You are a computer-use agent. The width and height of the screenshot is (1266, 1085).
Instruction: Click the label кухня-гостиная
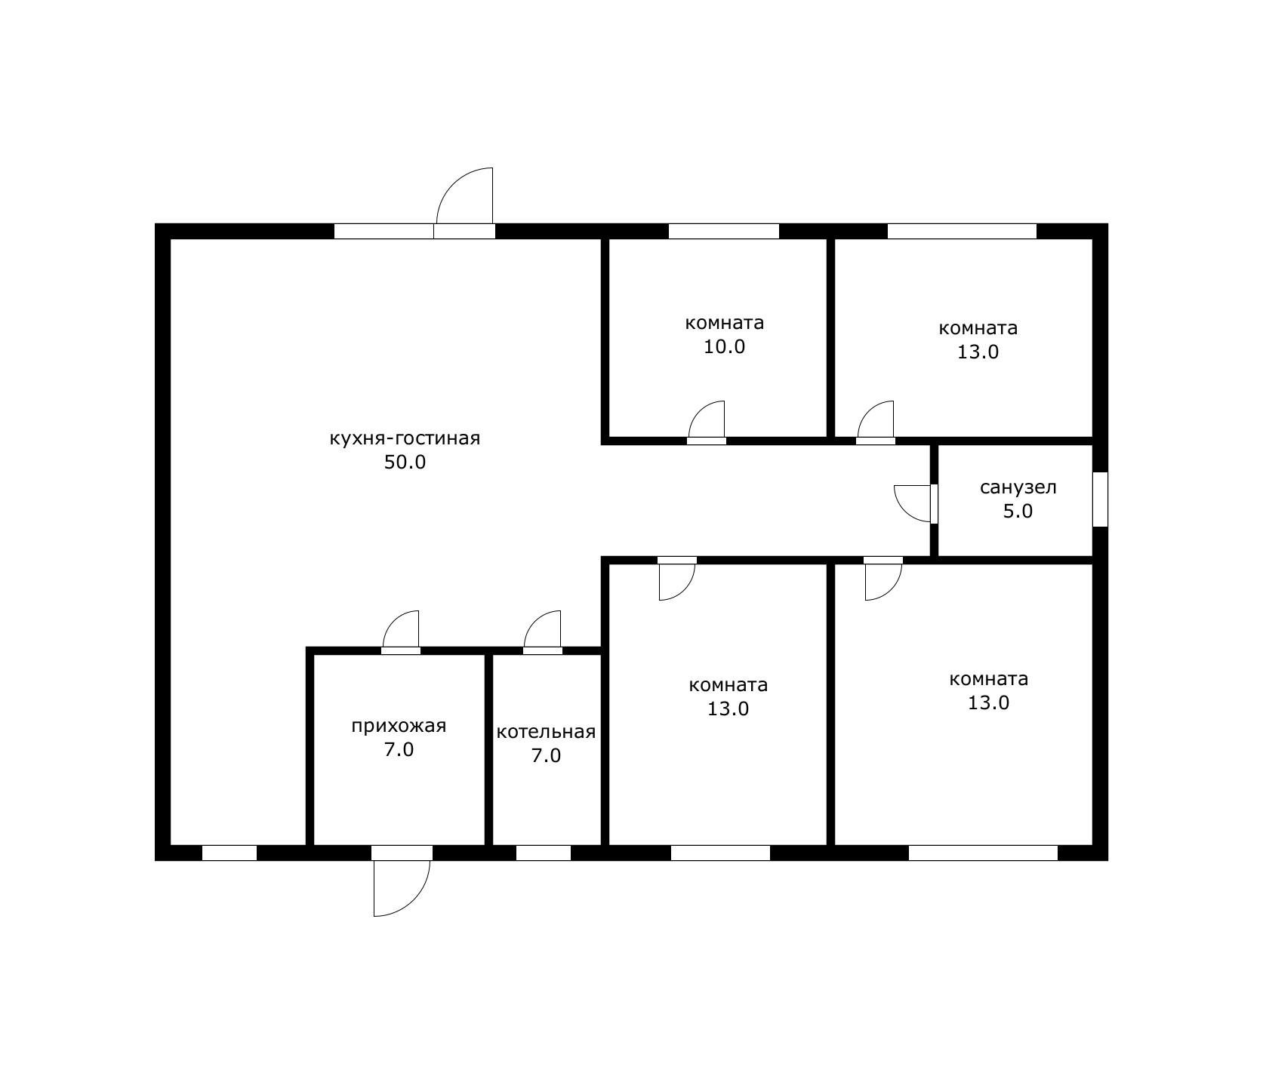tap(405, 439)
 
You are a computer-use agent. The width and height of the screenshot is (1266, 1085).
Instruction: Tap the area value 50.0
tap(405, 463)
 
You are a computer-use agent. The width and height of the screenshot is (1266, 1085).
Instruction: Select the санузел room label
tap(1018, 487)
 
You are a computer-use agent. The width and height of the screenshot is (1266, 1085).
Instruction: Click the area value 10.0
tap(724, 347)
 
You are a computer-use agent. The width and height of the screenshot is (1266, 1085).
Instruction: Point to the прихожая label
tap(399, 727)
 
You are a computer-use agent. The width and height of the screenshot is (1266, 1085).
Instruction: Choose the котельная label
tap(546, 732)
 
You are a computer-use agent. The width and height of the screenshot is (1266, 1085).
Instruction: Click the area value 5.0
tap(1018, 512)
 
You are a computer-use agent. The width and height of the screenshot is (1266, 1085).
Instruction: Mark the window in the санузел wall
tap(1101, 499)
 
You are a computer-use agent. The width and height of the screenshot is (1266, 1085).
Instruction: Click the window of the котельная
tap(544, 853)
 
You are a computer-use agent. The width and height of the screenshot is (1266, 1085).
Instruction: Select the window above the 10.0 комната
tap(724, 231)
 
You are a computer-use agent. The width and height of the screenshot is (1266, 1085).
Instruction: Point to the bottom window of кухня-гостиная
tap(229, 853)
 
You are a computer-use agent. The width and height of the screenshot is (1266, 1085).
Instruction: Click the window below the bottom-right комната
tap(983, 853)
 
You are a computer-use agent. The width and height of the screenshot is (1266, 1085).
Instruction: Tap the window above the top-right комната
tap(962, 231)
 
